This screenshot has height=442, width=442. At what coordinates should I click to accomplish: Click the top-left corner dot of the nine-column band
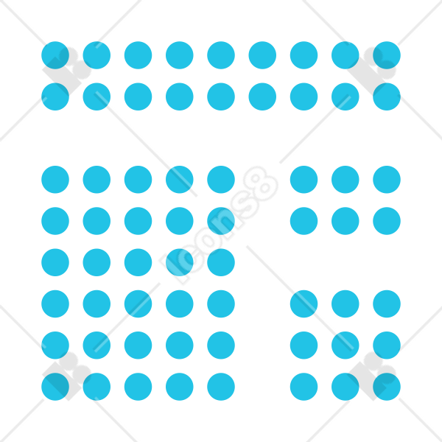click(55, 55)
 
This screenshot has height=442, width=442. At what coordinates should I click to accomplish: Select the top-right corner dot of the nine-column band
click(387, 55)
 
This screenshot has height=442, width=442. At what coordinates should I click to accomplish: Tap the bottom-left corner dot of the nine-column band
click(55, 97)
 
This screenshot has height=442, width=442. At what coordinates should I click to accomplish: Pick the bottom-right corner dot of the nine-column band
click(387, 97)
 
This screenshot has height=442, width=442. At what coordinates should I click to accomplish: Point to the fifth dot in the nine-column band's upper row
click(221, 55)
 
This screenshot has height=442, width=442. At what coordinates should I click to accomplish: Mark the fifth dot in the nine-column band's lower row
click(221, 97)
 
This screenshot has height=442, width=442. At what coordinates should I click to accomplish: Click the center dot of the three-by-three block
click(345, 345)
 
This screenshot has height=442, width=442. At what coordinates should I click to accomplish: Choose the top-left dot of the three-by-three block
click(304, 304)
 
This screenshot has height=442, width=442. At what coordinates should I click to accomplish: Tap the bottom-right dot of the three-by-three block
click(387, 387)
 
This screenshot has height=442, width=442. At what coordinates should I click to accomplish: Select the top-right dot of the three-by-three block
click(387, 304)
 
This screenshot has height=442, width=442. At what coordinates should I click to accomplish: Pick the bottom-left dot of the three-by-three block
click(304, 387)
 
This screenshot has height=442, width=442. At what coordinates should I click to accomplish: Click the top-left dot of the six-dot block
click(304, 180)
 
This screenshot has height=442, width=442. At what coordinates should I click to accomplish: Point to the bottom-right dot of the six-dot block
click(387, 221)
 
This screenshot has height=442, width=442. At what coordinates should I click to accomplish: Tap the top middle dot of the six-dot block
click(345, 180)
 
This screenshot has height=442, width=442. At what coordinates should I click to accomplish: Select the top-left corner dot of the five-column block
click(55, 180)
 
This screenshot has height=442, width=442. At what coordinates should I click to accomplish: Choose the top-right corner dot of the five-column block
click(221, 180)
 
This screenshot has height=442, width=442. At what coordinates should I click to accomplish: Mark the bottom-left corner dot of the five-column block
click(55, 387)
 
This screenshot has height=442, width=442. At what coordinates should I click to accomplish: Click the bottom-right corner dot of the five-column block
click(221, 387)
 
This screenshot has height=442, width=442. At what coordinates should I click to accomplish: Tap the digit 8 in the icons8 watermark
click(261, 183)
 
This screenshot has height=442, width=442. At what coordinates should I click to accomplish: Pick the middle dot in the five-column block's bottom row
click(138, 387)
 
